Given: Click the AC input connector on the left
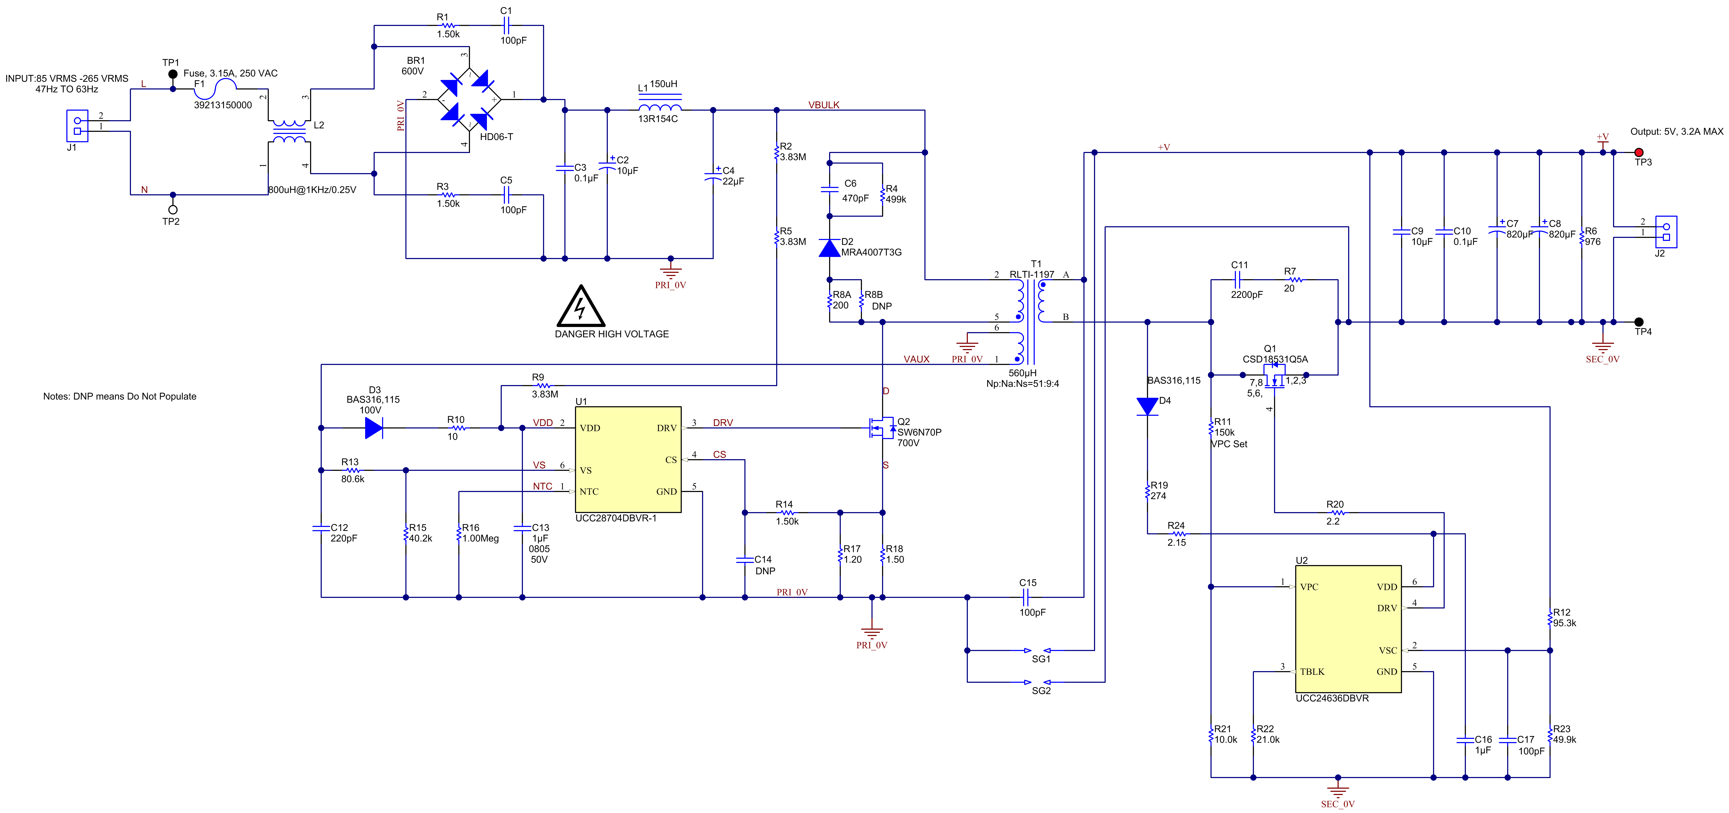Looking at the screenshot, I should pyautogui.click(x=77, y=125).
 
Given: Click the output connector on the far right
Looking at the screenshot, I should pyautogui.click(x=1666, y=232).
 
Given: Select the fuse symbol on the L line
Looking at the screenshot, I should pyautogui.click(x=215, y=89).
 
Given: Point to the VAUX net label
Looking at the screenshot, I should pyautogui.click(x=916, y=359).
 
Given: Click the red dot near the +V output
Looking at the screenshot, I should pyautogui.click(x=1639, y=152).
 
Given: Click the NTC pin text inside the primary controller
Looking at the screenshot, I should pyautogui.click(x=589, y=491).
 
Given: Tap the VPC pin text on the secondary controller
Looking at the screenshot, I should pyautogui.click(x=1309, y=587).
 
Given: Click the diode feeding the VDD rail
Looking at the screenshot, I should pyautogui.click(x=374, y=428).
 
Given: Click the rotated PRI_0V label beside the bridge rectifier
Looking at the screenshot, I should pyautogui.click(x=401, y=115).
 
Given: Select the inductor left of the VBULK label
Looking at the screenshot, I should pyautogui.click(x=660, y=104).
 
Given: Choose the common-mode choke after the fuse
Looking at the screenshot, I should pyautogui.click(x=289, y=132).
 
